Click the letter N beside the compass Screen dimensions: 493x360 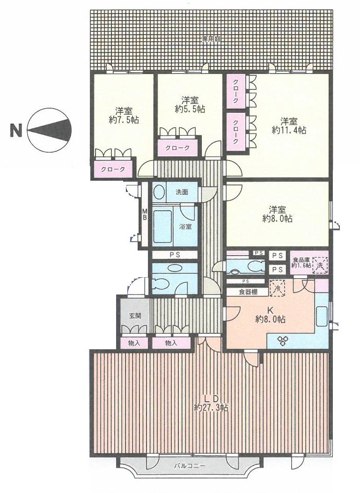click(16, 130)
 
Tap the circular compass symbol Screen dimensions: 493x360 click(50, 130)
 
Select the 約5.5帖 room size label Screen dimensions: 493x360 click(190, 109)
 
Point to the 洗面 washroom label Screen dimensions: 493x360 click(182, 192)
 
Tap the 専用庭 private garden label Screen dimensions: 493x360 click(211, 40)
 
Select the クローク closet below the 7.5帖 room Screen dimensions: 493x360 click(112, 169)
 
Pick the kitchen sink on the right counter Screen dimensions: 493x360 click(322, 316)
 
